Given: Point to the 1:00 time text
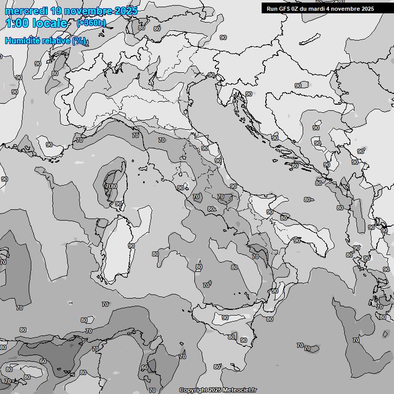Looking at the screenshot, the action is (x=17, y=23).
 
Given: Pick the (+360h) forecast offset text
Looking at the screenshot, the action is (x=91, y=23).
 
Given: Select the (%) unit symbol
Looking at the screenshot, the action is (x=80, y=41).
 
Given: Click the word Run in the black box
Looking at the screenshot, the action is (x=272, y=9).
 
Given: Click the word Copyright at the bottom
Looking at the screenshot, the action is (x=193, y=390).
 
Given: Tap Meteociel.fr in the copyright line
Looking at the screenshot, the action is (x=239, y=390).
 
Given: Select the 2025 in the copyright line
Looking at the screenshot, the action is (x=215, y=390).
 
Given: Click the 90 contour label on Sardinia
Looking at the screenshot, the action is (x=131, y=246).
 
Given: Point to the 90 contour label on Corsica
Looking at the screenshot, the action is (x=119, y=204).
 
